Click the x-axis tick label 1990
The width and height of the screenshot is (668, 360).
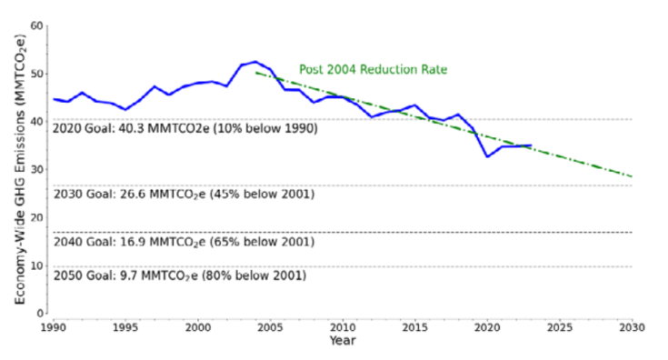[54, 327]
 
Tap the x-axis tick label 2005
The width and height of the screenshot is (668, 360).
[271, 327]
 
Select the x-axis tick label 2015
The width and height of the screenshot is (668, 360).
[415, 327]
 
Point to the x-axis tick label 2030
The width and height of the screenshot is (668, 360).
[633, 327]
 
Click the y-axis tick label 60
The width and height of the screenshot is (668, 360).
[37, 26]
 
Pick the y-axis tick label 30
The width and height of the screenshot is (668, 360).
[37, 170]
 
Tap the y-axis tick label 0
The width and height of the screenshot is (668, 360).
[40, 314]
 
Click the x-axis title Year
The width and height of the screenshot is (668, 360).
[343, 340]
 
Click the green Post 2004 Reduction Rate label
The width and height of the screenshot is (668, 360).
[374, 69]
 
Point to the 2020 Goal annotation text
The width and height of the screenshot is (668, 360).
[184, 128]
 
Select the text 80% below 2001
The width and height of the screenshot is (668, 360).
[254, 275]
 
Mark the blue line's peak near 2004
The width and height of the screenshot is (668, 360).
[255, 62]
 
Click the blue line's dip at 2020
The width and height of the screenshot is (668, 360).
[487, 156]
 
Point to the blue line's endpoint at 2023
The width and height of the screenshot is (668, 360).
[531, 145]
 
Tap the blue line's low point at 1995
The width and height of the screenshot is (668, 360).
[125, 109]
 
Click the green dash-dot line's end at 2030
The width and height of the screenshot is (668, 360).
[633, 176]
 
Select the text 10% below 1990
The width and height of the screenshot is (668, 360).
[267, 128]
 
